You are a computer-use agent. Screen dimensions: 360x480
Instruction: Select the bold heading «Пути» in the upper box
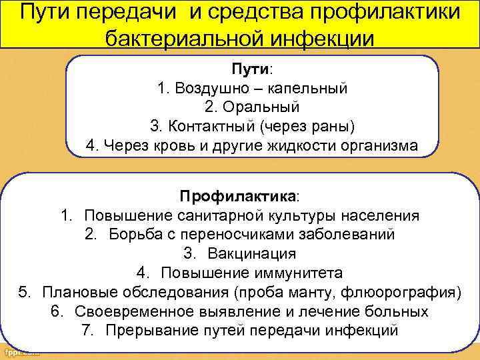[x=249, y=69]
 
